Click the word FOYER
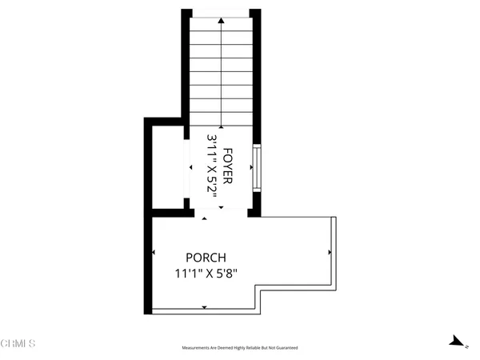coord(228,166)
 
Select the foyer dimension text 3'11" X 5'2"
coord(213,166)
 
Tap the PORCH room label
coord(206,258)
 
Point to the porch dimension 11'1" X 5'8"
coord(206,274)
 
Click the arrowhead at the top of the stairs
coord(222,24)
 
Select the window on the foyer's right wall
coord(257,166)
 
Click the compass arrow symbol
coord(458,342)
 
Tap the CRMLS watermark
coord(18,345)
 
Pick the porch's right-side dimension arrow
coord(329,252)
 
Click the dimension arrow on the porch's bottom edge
coord(205,306)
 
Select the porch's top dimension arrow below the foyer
coord(205,218)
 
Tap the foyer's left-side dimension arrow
coord(190,167)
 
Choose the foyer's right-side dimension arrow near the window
coord(250,167)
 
